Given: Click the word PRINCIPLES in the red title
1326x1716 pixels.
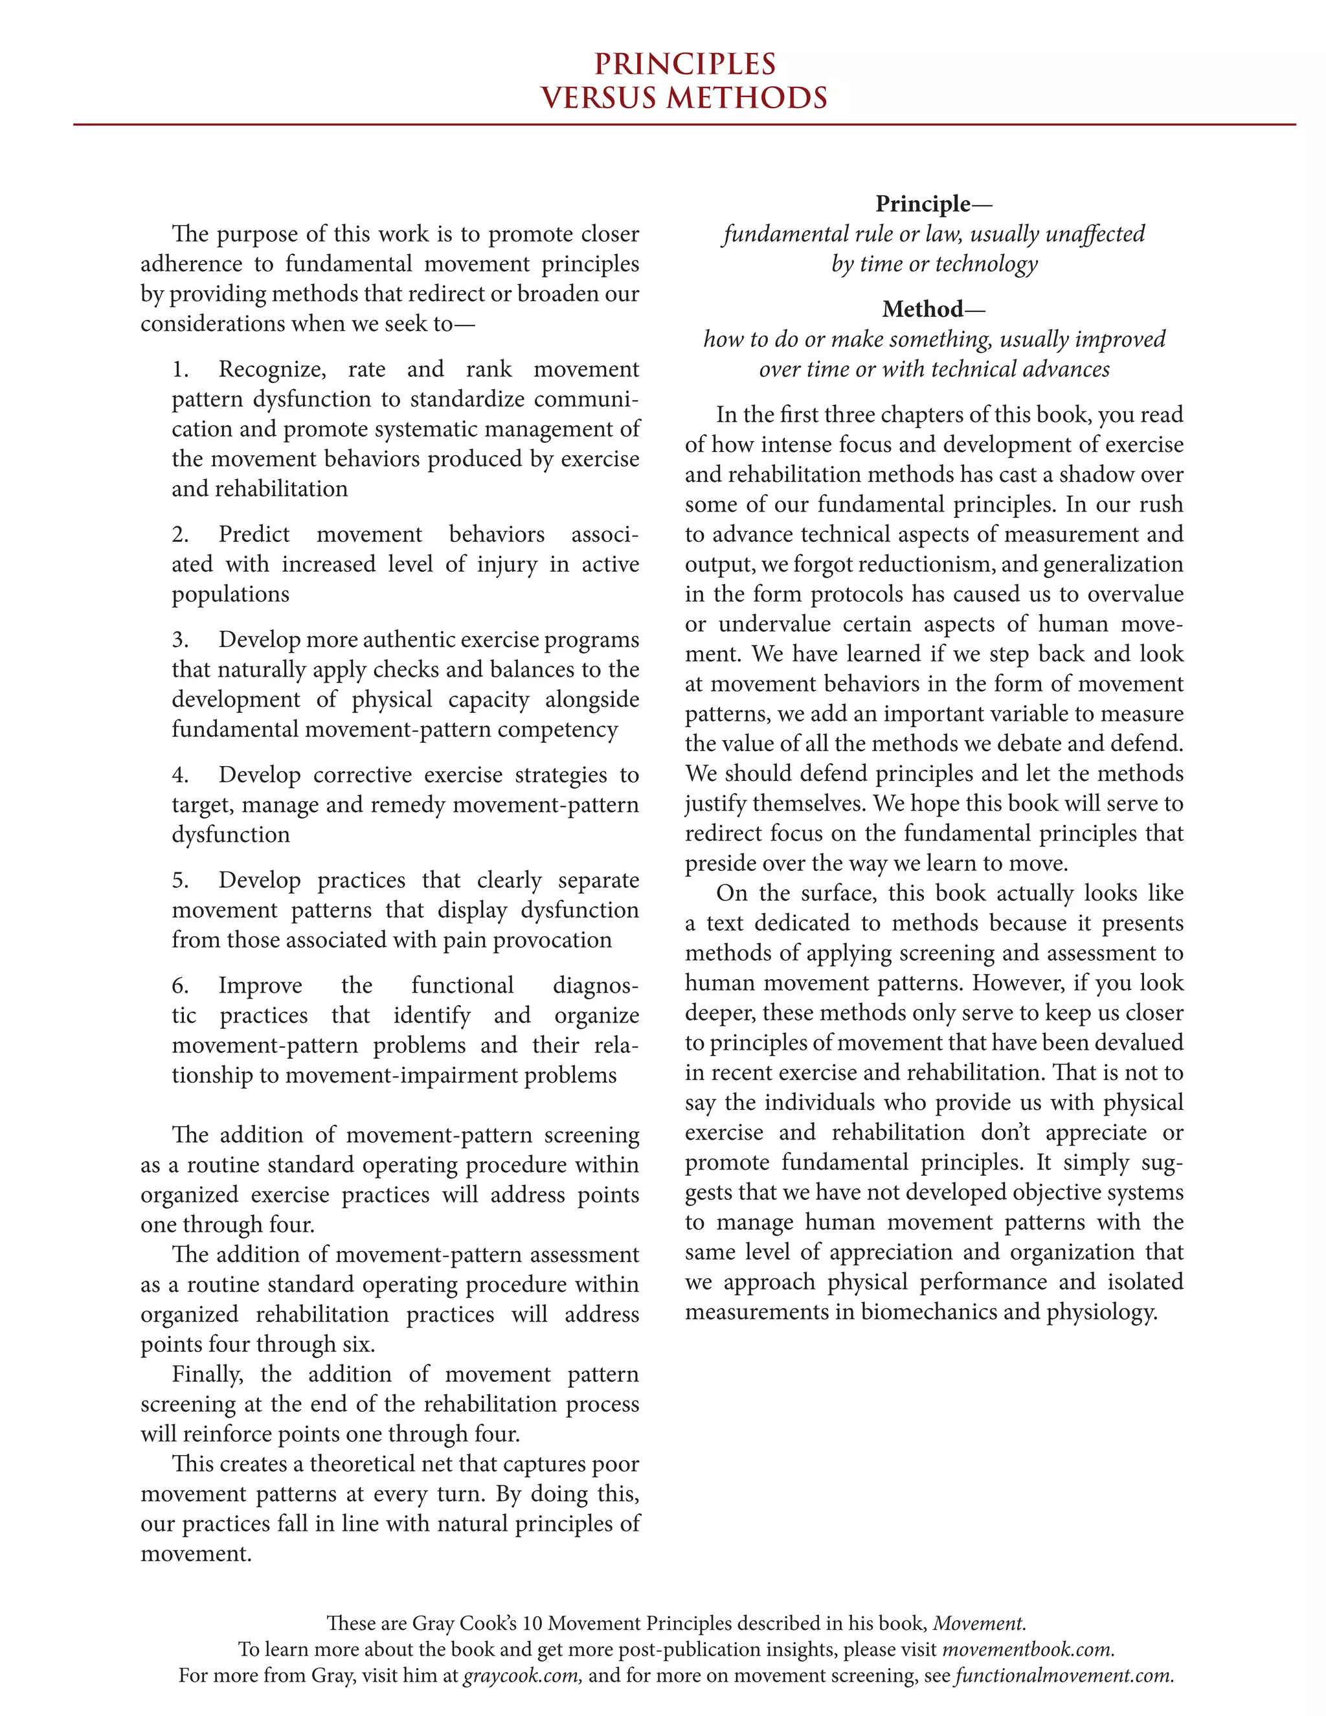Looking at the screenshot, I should (684, 63).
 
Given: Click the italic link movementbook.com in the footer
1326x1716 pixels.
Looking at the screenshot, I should (1027, 1649).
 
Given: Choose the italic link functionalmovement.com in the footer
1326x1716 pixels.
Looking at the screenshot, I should (1064, 1675).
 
